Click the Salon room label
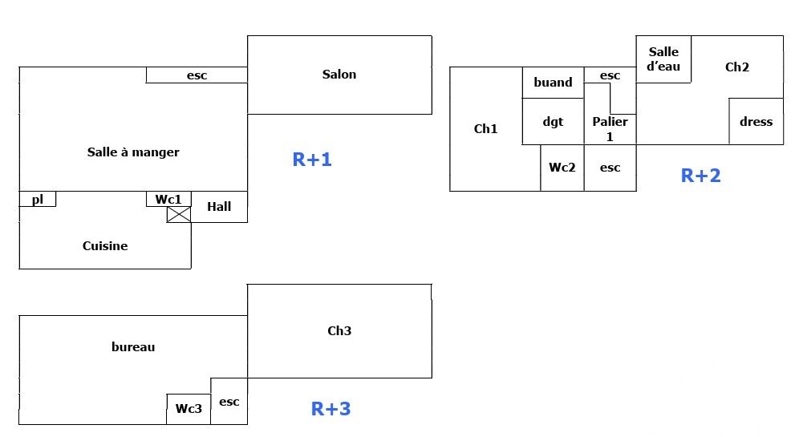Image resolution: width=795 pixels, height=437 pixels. pyautogui.click(x=339, y=75)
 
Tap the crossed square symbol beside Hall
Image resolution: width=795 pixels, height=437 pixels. pyautogui.click(x=179, y=214)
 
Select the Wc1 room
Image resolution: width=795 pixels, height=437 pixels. pyautogui.click(x=168, y=199)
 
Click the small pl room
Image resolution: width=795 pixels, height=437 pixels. pyautogui.click(x=38, y=200)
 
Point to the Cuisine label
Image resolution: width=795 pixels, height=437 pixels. pyautogui.click(x=105, y=246)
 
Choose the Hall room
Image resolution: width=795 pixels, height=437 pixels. pyautogui.click(x=219, y=207)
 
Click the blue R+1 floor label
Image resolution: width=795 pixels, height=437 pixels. pyautogui.click(x=312, y=160)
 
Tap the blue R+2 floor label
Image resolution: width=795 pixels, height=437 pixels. pyautogui.click(x=700, y=176)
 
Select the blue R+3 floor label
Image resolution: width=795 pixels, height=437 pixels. pyautogui.click(x=331, y=409)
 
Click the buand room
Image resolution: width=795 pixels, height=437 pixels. pyautogui.click(x=553, y=83)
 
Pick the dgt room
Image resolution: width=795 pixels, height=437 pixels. pyautogui.click(x=553, y=122)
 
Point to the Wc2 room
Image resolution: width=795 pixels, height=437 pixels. pyautogui.click(x=562, y=168)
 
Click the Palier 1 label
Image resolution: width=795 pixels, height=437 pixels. pyautogui.click(x=610, y=129)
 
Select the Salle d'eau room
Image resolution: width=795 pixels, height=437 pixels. pyautogui.click(x=663, y=59)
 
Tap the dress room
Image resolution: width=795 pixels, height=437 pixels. pyautogui.click(x=756, y=122)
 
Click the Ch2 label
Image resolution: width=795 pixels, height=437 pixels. pyautogui.click(x=736, y=67)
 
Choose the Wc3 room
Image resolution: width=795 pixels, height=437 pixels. pyautogui.click(x=189, y=409)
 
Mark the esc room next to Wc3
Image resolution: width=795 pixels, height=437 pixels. pyautogui.click(x=229, y=402)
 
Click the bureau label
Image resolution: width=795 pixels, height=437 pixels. pyautogui.click(x=133, y=347)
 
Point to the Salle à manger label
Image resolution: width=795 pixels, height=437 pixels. pyautogui.click(x=133, y=152)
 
